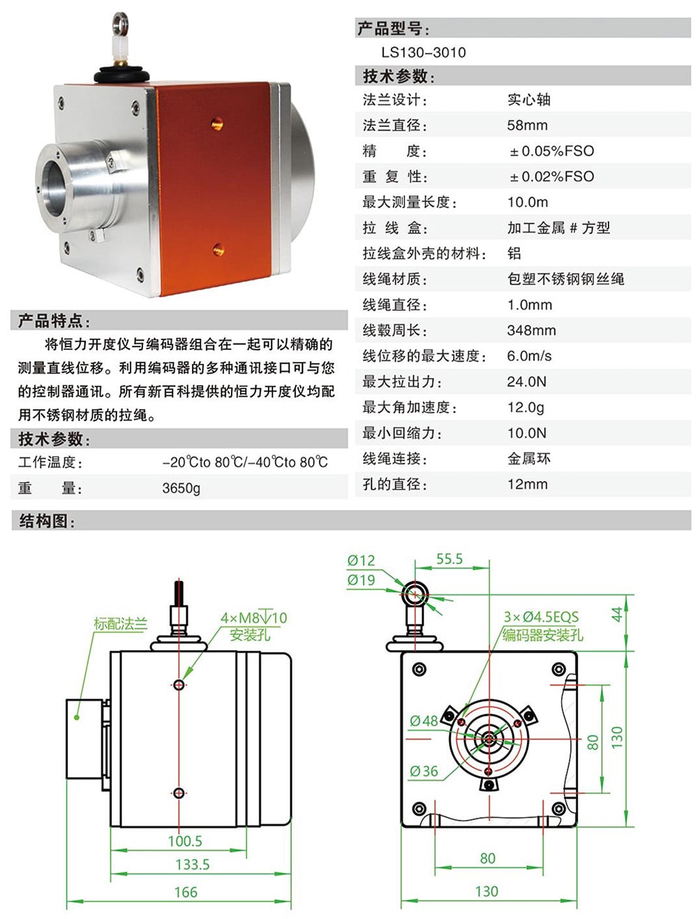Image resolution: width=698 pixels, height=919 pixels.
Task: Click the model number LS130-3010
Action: (423, 52)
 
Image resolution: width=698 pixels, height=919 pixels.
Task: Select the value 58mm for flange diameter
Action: (527, 126)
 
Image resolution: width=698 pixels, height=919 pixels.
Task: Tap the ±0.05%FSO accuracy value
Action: (551, 152)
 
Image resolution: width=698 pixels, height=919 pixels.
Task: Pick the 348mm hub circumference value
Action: (531, 330)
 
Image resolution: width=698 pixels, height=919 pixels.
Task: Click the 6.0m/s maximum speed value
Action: (529, 356)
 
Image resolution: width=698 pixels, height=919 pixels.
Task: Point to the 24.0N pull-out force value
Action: (526, 382)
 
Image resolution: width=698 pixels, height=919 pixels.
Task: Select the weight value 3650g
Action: (181, 488)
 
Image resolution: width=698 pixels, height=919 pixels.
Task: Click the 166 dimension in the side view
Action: (186, 892)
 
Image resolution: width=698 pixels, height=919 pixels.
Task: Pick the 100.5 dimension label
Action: (185, 841)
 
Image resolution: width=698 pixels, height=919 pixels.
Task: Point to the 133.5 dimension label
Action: (193, 865)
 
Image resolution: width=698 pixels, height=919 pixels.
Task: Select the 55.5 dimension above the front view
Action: (450, 559)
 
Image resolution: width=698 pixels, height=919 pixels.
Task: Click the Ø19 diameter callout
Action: (362, 580)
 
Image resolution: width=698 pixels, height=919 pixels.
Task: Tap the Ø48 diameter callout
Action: (424, 721)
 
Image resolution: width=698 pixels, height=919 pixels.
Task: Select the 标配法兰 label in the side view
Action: (121, 624)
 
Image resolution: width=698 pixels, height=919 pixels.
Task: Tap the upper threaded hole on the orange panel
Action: (216, 124)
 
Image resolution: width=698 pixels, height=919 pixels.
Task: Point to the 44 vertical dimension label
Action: (617, 615)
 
